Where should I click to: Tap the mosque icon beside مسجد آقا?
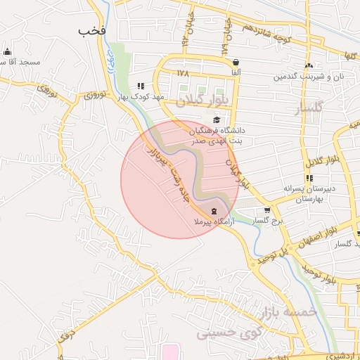click(8, 51)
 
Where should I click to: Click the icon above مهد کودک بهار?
click(141, 86)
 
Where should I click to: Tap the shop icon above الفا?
click(235, 62)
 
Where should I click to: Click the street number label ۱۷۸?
click(184, 73)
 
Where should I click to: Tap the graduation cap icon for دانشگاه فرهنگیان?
click(216, 120)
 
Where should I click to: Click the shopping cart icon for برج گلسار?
click(267, 210)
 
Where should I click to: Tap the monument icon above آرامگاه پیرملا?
click(214, 212)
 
